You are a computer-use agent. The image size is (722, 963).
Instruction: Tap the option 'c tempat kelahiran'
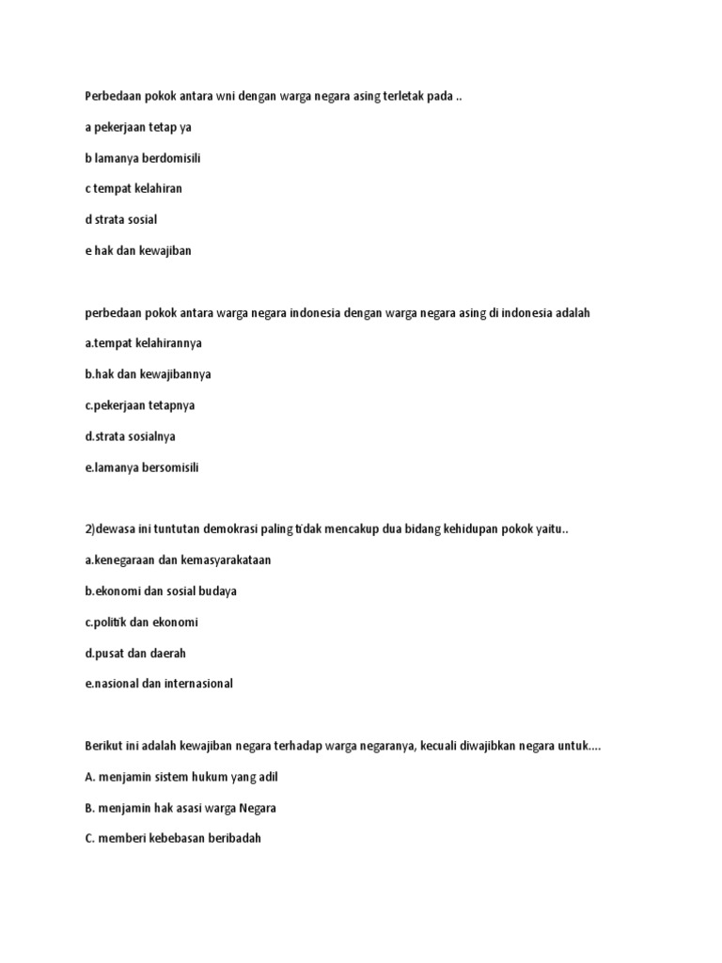point(133,189)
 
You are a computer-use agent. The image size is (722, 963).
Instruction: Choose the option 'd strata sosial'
point(120,220)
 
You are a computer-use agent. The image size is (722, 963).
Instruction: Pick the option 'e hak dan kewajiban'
point(137,251)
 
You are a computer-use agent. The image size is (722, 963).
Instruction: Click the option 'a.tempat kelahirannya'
point(143,343)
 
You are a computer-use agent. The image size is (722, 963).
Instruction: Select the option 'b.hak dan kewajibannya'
point(148,374)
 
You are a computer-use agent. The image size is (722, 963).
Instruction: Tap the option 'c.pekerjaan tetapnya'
point(140,405)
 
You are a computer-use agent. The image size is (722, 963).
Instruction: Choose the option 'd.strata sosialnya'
point(130,436)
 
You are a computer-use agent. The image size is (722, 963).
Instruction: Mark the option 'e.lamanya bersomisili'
point(142,467)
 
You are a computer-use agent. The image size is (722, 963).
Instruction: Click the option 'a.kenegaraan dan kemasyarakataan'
point(178,560)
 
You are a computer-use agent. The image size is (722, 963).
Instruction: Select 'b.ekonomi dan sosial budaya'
point(160,592)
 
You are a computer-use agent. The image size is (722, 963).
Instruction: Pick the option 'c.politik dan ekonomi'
point(141,623)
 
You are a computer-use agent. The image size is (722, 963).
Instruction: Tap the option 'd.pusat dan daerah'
point(129,654)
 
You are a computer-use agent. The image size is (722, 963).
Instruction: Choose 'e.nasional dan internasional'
point(158,685)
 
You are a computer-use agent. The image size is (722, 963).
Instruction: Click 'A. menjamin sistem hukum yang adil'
point(181,778)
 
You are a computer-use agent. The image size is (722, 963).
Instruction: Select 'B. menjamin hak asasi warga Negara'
point(180,809)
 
